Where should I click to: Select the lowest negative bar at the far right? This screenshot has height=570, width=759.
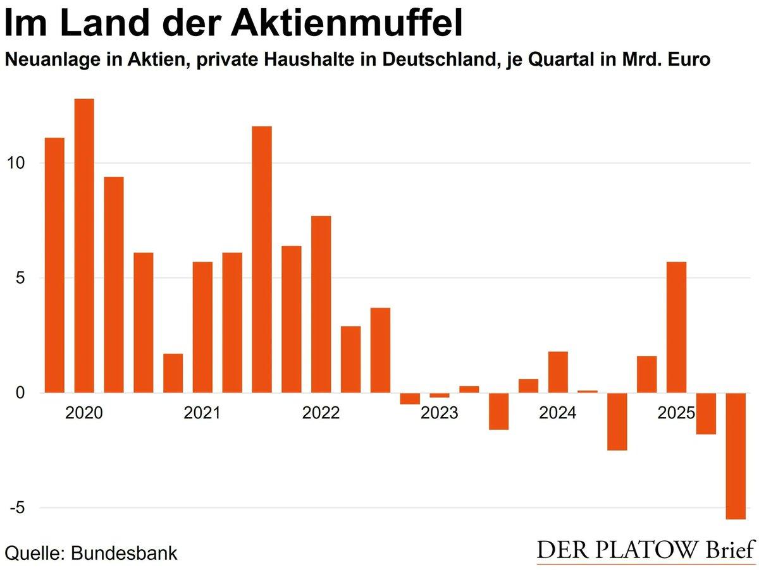(736, 456)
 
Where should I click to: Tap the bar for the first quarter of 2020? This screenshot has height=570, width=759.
(54, 265)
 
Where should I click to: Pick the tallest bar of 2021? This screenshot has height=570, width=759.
(262, 259)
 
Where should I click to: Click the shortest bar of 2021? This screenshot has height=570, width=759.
(173, 373)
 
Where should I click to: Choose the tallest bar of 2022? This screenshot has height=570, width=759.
(321, 304)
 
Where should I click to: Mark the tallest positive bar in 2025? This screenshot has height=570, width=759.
(676, 327)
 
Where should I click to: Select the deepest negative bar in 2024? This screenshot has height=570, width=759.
(617, 421)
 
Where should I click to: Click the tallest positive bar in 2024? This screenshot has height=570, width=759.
(558, 372)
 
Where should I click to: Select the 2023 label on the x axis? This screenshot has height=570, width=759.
(440, 414)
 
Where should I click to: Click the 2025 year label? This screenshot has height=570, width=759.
(676, 414)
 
